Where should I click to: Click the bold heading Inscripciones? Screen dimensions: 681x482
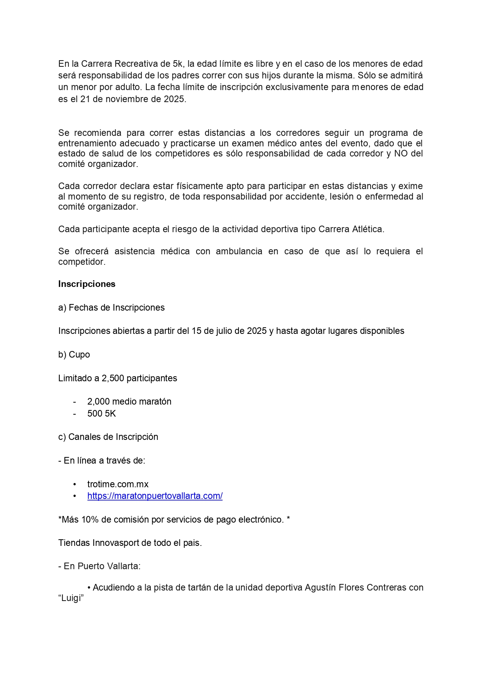click(87, 284)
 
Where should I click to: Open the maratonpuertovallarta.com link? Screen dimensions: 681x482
click(155, 496)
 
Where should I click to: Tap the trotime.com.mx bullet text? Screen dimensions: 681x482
click(118, 484)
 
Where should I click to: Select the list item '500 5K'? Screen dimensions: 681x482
click(101, 413)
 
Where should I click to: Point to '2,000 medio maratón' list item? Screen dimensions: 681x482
click(129, 401)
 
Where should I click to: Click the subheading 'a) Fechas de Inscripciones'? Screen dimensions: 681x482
click(111, 307)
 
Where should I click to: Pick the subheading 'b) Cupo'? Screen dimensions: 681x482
click(74, 354)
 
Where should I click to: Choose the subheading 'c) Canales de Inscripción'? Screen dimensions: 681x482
click(108, 437)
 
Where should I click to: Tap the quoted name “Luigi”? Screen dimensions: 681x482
click(71, 598)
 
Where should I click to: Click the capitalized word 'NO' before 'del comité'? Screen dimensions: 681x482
click(401, 153)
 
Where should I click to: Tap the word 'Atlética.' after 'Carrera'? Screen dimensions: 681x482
click(368, 229)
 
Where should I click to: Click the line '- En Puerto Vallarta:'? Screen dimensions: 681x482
click(99, 566)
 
